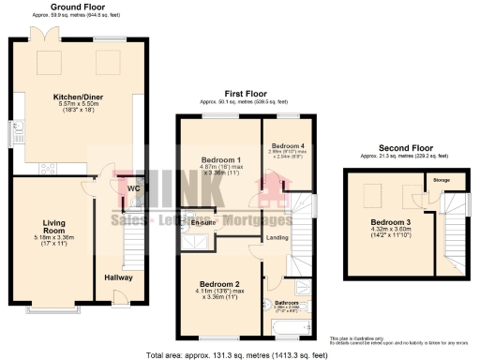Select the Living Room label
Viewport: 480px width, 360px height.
point(53,226)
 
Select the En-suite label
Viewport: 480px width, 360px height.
point(202,222)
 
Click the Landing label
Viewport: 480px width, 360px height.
point(277,237)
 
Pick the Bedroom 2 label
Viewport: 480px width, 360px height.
point(218,284)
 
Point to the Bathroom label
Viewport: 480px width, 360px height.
point(286,303)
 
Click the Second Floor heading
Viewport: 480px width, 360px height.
point(405,148)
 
